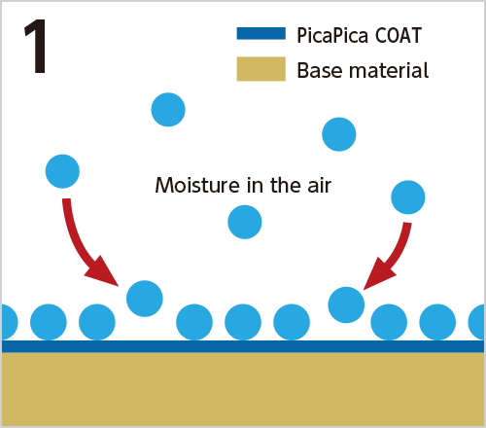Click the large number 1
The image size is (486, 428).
tap(36, 46)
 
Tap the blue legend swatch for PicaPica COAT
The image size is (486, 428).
tap(261, 33)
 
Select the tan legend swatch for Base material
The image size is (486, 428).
tap(261, 69)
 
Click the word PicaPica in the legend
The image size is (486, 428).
tap(332, 36)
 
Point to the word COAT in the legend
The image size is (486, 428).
tap(399, 35)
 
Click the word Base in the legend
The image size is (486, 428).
tap(319, 70)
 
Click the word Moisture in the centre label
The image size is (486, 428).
tap(197, 185)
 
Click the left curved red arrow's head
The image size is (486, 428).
tap(104, 271)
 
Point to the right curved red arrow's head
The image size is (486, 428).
tap(378, 274)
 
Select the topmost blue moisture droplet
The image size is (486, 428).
tap(168, 110)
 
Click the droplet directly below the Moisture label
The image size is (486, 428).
tap(245, 222)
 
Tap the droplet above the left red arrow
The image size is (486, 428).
tap(62, 171)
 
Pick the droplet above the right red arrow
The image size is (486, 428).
tap(408, 197)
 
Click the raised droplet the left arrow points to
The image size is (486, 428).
tap(145, 299)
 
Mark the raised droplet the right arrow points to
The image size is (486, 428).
tap(346, 304)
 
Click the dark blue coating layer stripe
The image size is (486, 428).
tap(243, 346)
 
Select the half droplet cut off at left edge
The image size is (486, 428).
tap(10, 322)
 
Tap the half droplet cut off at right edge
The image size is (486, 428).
tap(476, 322)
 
